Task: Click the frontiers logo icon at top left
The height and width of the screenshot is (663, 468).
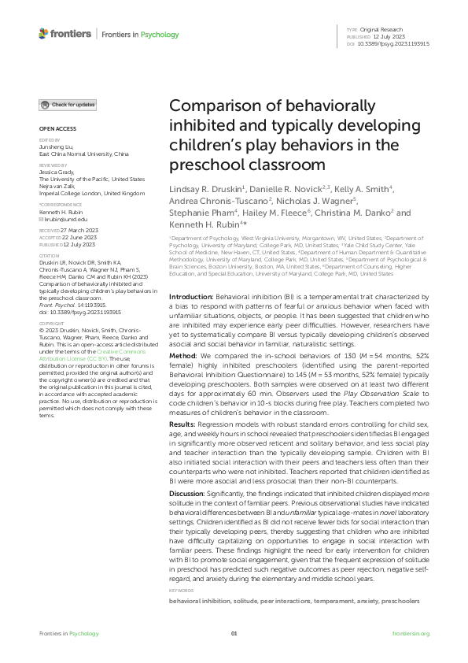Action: coord(43,34)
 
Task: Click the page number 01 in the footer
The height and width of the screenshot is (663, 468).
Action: coord(234,632)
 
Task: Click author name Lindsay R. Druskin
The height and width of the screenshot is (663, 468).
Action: coord(201,191)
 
